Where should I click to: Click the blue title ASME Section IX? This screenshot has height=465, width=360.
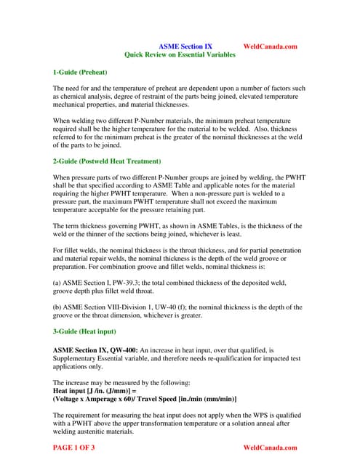(x=185, y=46)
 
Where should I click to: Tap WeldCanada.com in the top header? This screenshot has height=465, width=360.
(x=271, y=46)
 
